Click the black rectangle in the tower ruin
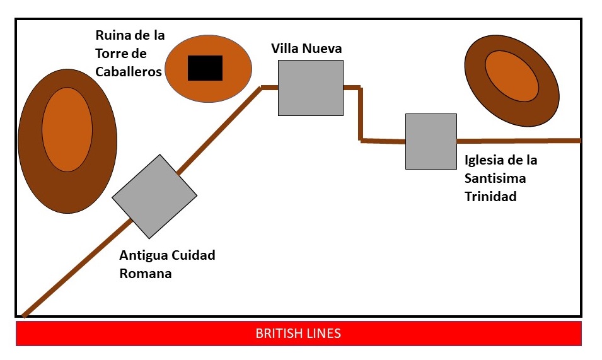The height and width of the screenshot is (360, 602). click(205, 68)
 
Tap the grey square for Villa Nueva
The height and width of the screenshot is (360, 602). click(311, 88)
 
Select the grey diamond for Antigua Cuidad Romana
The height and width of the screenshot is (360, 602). click(154, 196)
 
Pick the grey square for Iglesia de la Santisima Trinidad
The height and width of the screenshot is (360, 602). click(431, 141)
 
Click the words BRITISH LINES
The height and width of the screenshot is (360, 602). click(298, 334)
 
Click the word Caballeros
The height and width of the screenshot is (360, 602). click(129, 72)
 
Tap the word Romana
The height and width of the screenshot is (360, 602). click(146, 274)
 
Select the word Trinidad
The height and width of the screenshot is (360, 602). click(490, 196)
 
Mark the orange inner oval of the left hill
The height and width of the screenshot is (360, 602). click(67, 129)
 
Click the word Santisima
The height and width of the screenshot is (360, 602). click(495, 178)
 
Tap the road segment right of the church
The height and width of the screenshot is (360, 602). click(517, 140)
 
